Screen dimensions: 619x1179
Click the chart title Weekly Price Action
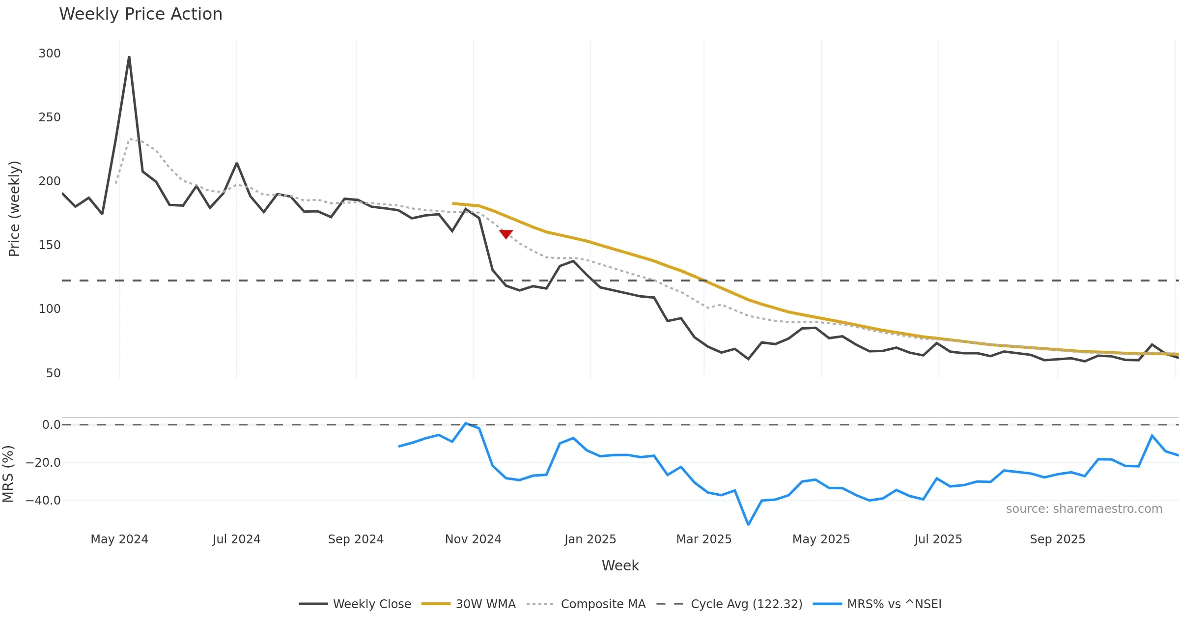(x=140, y=14)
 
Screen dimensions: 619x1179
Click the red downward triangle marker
(x=506, y=234)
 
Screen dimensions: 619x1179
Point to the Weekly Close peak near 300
(x=129, y=57)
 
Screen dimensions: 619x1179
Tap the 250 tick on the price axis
(x=50, y=117)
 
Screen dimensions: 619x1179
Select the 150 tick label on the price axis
(x=50, y=245)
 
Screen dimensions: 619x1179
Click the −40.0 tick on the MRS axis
(x=43, y=501)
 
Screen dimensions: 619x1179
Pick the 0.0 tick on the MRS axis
(x=51, y=425)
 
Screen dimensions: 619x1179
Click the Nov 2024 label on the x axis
(x=473, y=539)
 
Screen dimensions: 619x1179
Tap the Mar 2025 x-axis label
(x=703, y=539)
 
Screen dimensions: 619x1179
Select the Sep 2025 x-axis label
(x=1057, y=539)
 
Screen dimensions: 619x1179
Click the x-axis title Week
(x=620, y=566)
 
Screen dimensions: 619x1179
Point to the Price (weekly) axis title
(x=14, y=209)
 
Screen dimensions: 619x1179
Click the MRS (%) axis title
(x=8, y=474)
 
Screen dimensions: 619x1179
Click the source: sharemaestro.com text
(x=1084, y=509)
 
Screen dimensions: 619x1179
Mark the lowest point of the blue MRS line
(x=748, y=524)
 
